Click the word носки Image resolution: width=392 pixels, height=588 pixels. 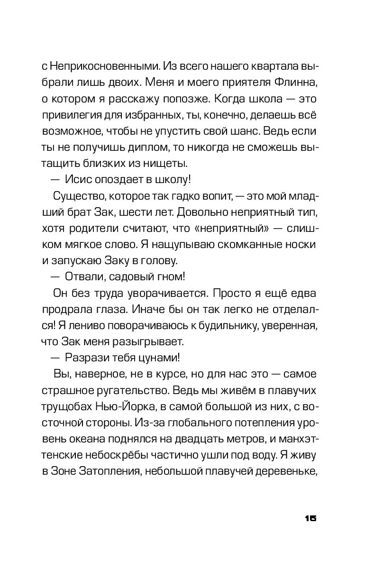302,246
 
